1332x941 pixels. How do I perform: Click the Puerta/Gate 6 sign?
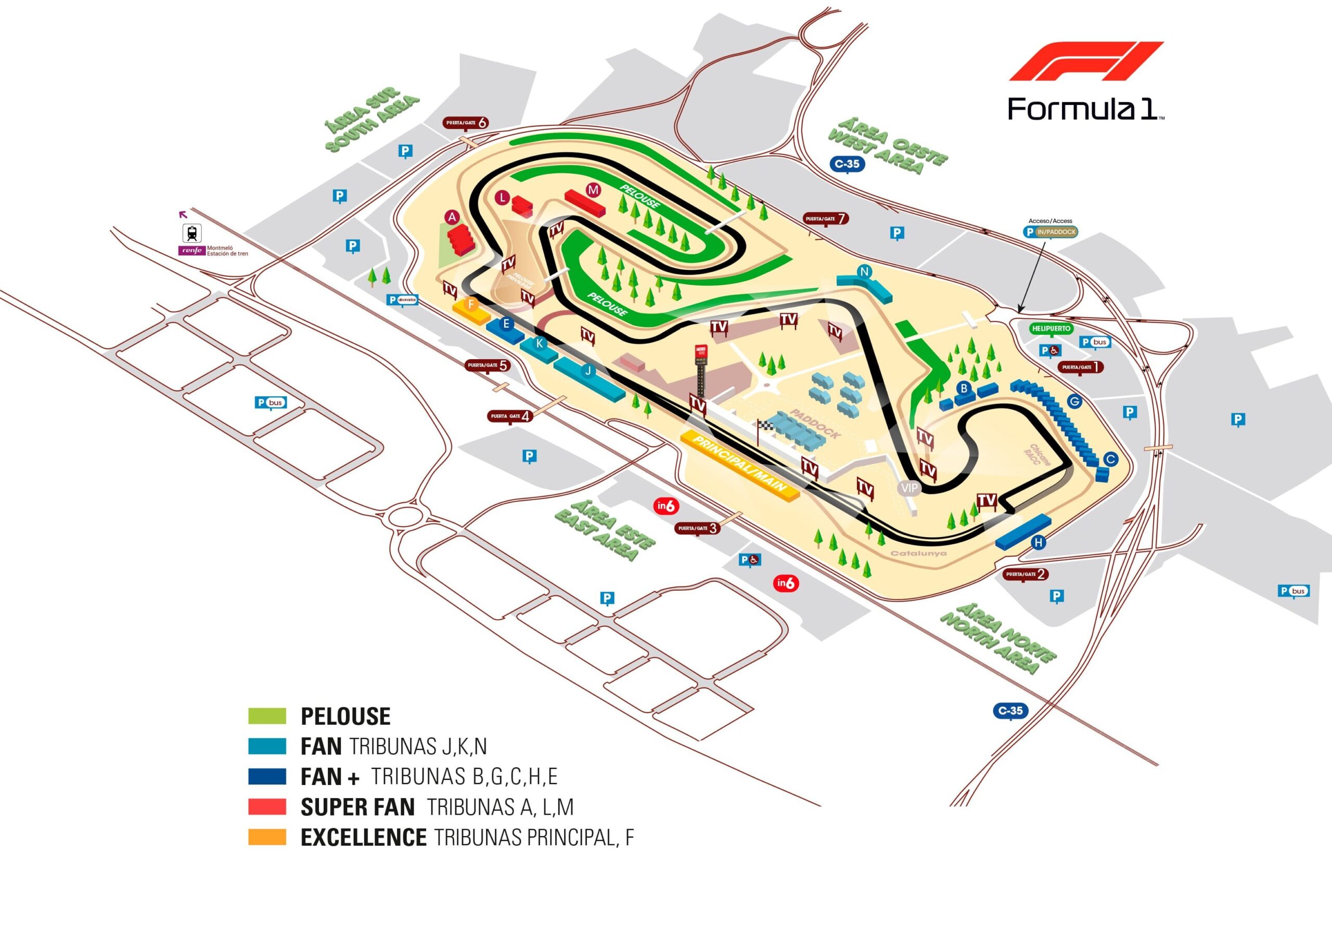(466, 123)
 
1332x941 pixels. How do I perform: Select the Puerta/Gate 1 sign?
(1080, 367)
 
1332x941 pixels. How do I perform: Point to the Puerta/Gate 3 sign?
(698, 528)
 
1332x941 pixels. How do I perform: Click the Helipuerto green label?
(1051, 328)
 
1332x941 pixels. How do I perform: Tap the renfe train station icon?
(192, 233)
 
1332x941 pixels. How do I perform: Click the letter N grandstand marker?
(864, 271)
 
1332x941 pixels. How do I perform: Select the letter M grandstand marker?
(592, 190)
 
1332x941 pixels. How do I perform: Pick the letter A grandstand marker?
(452, 217)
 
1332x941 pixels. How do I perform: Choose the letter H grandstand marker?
(1039, 543)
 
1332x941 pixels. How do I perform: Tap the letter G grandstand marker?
(1074, 401)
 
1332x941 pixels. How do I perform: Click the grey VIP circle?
(909, 488)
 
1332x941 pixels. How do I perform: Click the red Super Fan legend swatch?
(267, 806)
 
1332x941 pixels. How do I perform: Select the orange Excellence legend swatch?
(267, 837)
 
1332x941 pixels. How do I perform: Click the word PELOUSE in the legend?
(345, 716)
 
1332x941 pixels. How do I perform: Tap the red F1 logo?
(1086, 61)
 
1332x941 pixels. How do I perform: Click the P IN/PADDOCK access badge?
(1051, 232)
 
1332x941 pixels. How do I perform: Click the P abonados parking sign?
(402, 300)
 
